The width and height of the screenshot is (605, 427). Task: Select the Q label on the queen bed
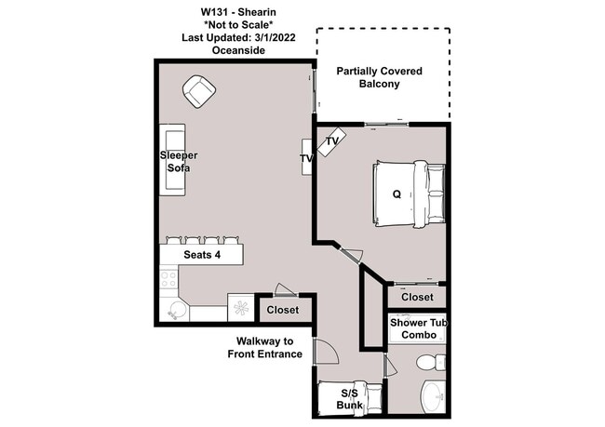tap(397, 194)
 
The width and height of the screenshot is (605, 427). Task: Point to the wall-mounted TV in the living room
tap(306, 159)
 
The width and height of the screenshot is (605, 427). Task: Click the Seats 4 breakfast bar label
tap(202, 254)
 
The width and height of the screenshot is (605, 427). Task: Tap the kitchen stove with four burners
tap(169, 278)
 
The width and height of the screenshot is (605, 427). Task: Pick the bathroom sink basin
tap(434, 398)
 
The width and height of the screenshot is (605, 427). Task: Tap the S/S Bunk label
tap(351, 400)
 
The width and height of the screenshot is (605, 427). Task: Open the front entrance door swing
tap(325, 353)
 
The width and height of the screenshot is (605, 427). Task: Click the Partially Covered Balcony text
tap(380, 76)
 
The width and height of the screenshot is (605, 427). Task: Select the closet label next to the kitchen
tap(283, 310)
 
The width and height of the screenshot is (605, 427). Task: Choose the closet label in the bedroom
tap(417, 297)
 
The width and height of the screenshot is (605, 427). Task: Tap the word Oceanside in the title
tap(238, 50)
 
